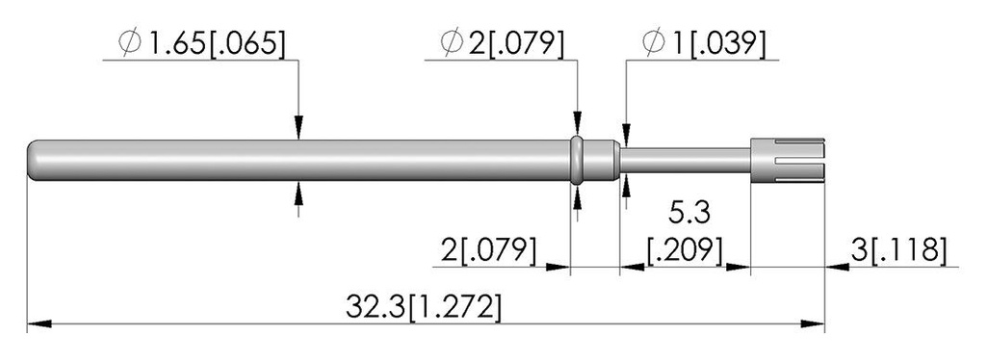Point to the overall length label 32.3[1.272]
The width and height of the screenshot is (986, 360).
[x=424, y=308]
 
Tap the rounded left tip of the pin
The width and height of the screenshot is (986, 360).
[x=32, y=160]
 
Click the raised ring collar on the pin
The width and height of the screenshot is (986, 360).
[x=577, y=160]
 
